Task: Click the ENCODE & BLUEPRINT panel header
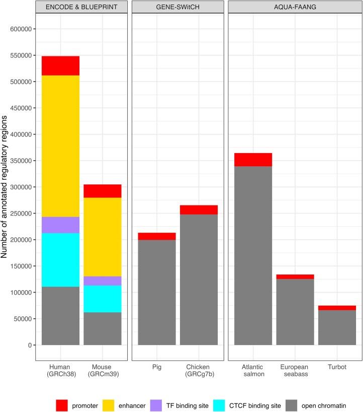pyautogui.click(x=81, y=8)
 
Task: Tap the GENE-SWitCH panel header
pyautogui.click(x=177, y=8)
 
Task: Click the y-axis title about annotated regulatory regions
pyautogui.click(x=6, y=186)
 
